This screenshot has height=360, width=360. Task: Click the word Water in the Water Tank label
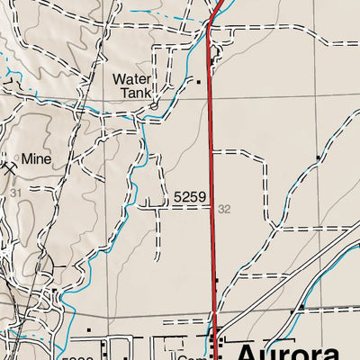coord(131,79)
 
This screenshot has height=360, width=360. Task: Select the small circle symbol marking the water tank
coord(153,105)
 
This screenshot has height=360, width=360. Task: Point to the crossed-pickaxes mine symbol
coord(10,166)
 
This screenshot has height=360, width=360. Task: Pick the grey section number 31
coord(14,193)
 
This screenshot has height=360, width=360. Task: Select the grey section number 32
coord(224,209)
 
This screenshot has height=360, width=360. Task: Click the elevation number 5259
coord(190,196)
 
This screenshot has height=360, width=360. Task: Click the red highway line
coord(212,180)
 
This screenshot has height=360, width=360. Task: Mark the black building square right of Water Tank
coord(199,81)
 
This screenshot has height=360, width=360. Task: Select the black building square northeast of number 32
coord(319,158)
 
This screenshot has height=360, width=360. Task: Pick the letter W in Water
coord(119,79)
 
